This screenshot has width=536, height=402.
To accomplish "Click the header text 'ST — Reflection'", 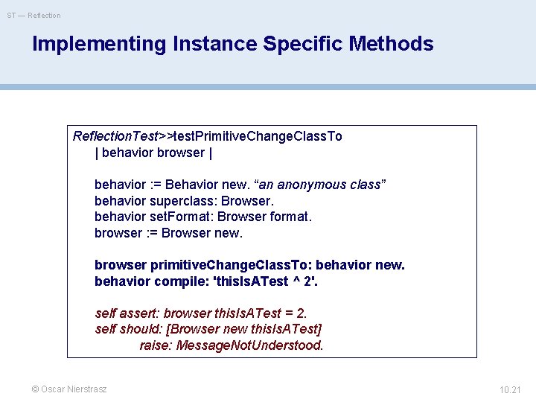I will [x=34, y=15].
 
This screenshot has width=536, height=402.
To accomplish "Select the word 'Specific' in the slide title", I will [x=300, y=44].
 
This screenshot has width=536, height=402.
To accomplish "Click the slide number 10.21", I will [x=510, y=389].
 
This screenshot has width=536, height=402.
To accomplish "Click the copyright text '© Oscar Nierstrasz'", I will [x=68, y=389].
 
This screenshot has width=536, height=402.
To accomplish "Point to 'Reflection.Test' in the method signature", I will [x=115, y=136].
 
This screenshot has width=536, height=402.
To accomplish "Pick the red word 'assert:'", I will [x=140, y=313].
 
